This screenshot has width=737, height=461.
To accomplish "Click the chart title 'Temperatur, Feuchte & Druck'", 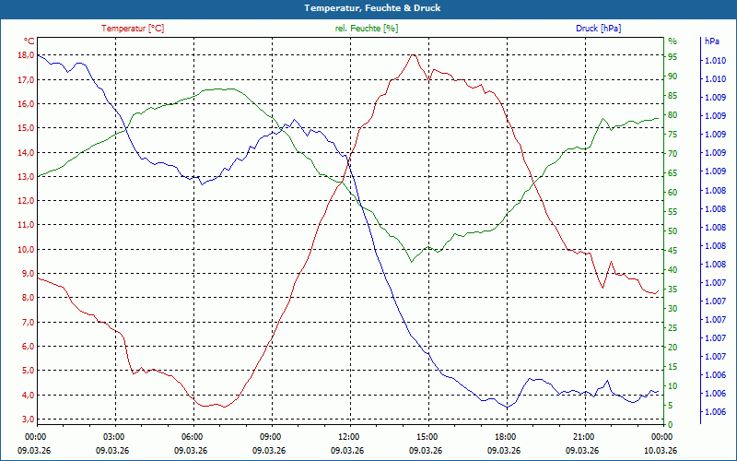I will [368, 7].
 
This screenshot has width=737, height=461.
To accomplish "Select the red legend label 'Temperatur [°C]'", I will [133, 29].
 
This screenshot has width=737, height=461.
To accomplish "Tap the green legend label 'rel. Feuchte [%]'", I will [367, 29].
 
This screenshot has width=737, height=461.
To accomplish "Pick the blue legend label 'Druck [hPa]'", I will [598, 29].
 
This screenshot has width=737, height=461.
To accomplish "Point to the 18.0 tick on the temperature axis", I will [25, 55].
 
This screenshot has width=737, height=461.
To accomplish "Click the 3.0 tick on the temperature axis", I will [28, 420].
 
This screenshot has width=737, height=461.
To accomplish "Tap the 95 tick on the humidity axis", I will [673, 55].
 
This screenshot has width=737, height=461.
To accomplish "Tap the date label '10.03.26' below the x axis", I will [660, 450].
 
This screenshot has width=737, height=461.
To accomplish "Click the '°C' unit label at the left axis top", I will [29, 41].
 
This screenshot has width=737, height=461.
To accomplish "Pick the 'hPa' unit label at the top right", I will [711, 41].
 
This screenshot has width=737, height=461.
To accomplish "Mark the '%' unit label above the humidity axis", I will [673, 41].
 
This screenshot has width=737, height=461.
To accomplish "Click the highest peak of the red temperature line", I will [414, 54].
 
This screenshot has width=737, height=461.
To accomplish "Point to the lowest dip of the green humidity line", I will [411, 263].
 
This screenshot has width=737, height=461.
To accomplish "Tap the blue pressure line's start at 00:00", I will [38, 55].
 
